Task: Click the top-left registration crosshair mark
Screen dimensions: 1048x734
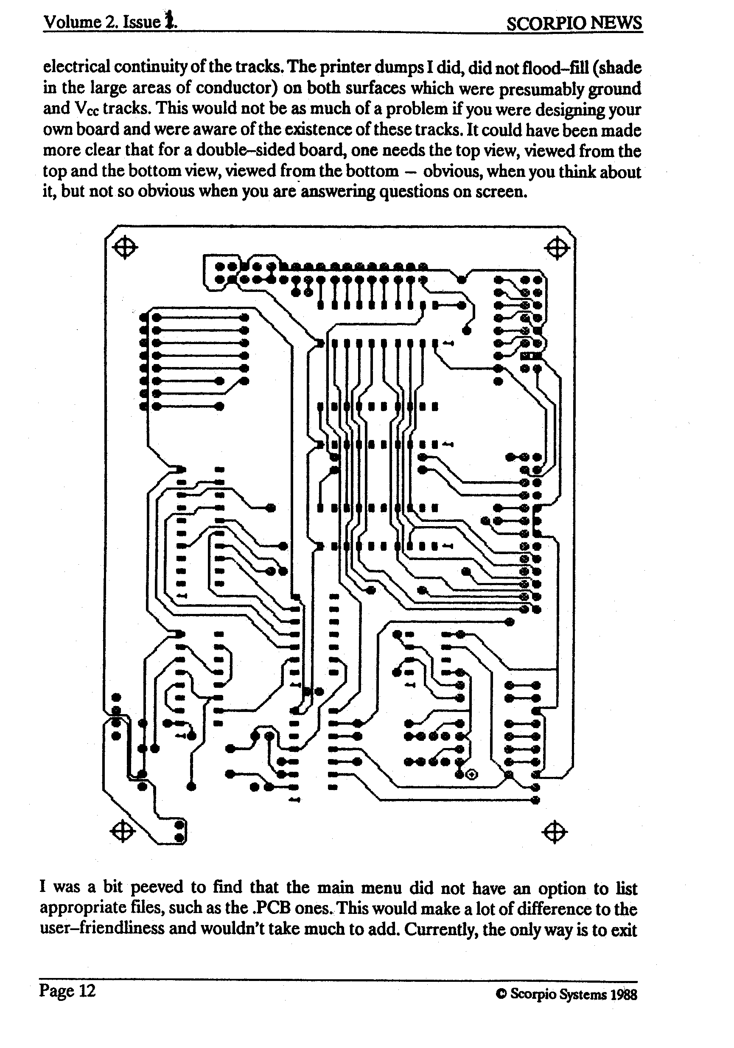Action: coord(125,248)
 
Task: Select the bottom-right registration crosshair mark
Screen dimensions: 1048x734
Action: coord(555,832)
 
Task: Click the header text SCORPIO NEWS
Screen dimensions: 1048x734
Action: coord(574,23)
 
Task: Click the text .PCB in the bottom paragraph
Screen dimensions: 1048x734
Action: coord(271,908)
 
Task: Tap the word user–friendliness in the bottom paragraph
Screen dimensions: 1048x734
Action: coord(102,929)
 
